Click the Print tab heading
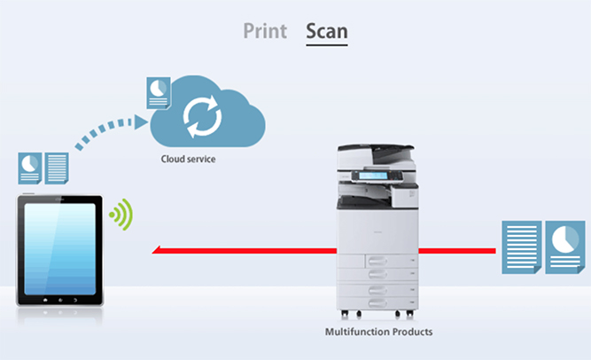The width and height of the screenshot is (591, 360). pyautogui.click(x=265, y=31)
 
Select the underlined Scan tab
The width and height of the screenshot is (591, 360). pyautogui.click(x=326, y=31)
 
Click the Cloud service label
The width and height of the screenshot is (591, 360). pyautogui.click(x=188, y=160)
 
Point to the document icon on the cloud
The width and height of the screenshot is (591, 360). pyautogui.click(x=159, y=92)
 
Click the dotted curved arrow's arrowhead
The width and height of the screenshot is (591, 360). pyautogui.click(x=141, y=120)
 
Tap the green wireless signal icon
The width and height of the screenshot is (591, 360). pyautogui.click(x=120, y=215)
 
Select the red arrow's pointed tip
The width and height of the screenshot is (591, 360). pyautogui.click(x=156, y=251)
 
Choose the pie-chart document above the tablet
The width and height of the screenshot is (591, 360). pyautogui.click(x=31, y=168)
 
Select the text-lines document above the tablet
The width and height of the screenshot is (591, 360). pyautogui.click(x=57, y=168)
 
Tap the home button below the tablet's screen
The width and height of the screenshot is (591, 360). pyautogui.click(x=59, y=301)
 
